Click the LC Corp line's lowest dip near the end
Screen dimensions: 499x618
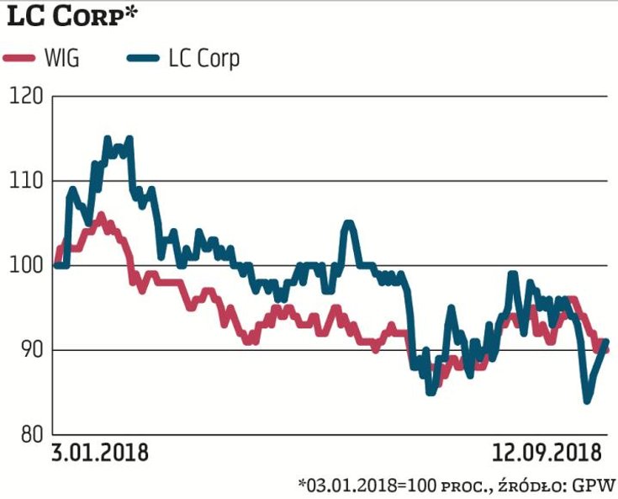click(587, 401)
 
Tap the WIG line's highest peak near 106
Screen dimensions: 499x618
click(100, 215)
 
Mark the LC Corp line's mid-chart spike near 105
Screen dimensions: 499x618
click(349, 224)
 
